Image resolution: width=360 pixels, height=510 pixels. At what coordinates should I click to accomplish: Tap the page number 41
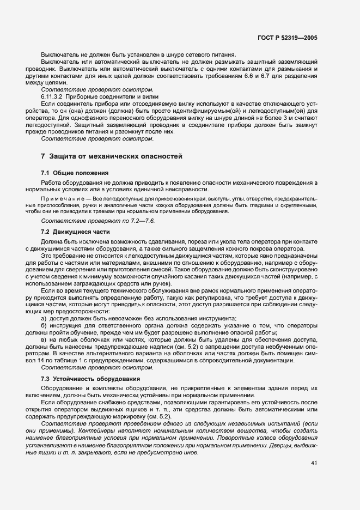314,464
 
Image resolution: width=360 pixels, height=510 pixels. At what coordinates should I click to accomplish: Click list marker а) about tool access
44,318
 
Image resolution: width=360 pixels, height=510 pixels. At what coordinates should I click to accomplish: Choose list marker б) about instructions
44,326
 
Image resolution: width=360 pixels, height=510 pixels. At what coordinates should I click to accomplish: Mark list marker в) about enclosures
44,339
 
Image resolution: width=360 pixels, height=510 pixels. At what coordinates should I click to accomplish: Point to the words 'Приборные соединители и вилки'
109,96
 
